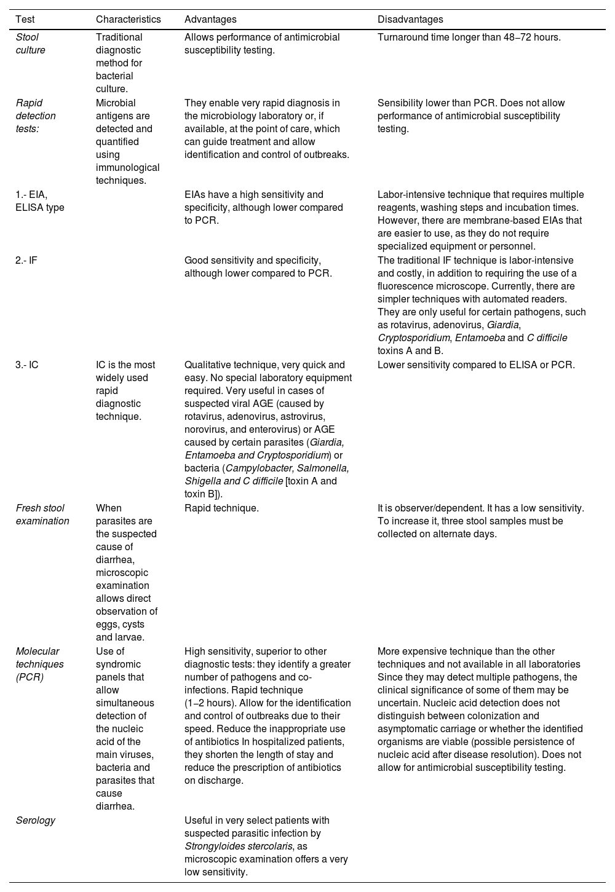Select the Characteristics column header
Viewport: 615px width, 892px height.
coord(128,20)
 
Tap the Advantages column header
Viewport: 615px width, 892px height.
coord(210,20)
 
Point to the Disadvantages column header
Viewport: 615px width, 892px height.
coord(410,20)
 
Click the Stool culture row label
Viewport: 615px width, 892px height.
coord(31,44)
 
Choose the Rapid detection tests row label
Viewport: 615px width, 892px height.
coord(36,116)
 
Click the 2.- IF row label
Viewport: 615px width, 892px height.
coord(26,260)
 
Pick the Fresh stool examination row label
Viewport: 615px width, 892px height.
coord(42,515)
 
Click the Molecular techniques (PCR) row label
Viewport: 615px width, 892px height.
coord(39,664)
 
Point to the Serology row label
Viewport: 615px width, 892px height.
coord(35,820)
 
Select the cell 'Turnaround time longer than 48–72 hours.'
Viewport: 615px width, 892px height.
coord(469,37)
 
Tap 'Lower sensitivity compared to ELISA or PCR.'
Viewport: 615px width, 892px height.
coord(476,365)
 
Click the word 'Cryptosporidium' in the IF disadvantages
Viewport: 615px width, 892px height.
coord(414,338)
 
